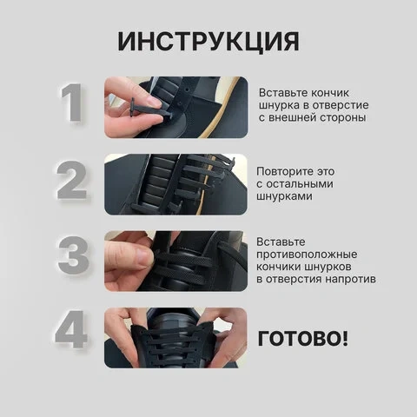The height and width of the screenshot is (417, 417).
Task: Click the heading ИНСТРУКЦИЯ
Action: tap(208, 42)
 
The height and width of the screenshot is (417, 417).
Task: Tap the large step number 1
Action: tap(71, 103)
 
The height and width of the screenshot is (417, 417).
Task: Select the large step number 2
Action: tap(72, 180)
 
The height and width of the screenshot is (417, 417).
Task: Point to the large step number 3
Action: tap(73, 255)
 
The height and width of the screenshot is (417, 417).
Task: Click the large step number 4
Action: tap(71, 329)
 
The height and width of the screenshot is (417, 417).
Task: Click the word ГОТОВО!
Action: tap(302, 338)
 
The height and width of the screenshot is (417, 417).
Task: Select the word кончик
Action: tap(330, 93)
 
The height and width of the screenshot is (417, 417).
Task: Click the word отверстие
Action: tap(340, 105)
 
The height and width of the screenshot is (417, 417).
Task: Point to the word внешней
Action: tap(292, 117)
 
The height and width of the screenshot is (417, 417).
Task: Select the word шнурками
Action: tap(284, 196)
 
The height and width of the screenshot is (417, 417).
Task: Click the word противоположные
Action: tap(307, 255)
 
